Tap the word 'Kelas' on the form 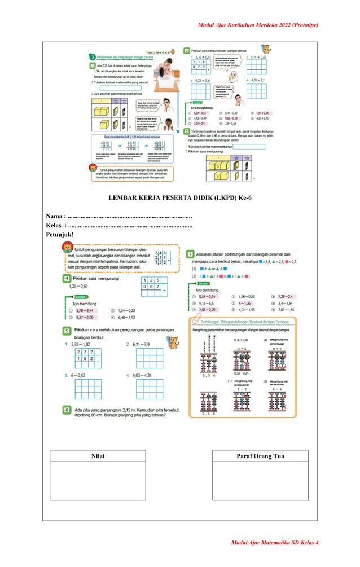(x=55, y=225)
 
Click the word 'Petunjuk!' (x=60, y=234)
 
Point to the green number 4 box (x=67, y=279)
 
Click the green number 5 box (x=67, y=330)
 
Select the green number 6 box (x=67, y=410)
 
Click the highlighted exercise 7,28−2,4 (x=282, y=296)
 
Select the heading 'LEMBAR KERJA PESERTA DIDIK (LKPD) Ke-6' (x=179, y=197)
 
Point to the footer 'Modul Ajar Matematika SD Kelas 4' (x=274, y=542)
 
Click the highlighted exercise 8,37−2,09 (x=85, y=317)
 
